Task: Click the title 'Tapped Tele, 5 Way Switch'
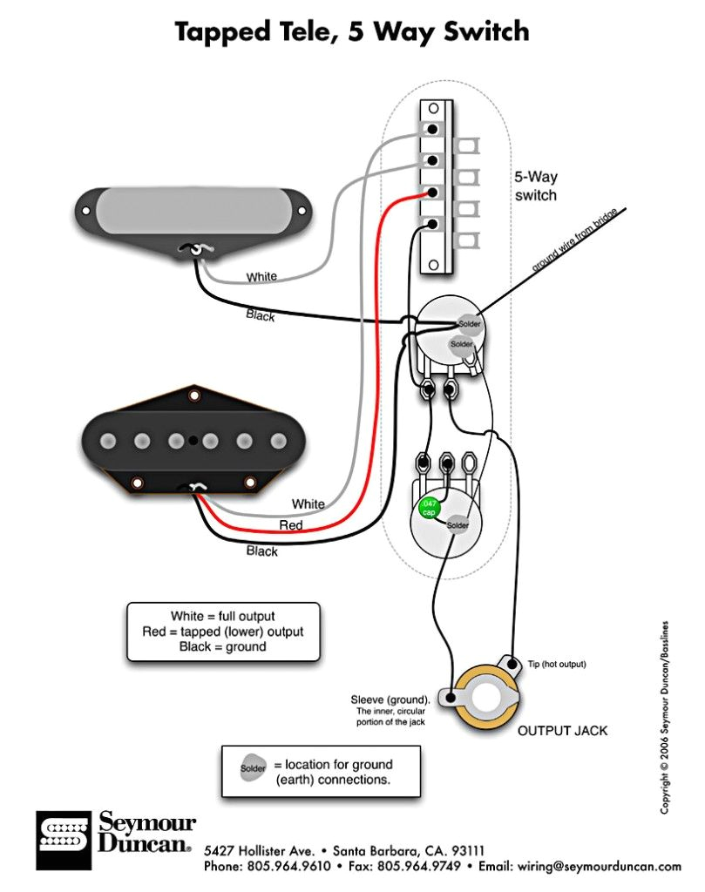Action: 352,31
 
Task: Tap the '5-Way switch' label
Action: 534,186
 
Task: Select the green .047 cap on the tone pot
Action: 429,508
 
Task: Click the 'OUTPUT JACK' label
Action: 562,730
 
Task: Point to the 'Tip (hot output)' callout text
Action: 557,665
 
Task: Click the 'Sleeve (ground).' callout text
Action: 390,699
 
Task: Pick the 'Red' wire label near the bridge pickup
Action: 291,526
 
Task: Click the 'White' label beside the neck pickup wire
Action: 261,277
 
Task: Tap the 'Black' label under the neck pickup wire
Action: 261,315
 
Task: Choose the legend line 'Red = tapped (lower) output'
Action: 223,632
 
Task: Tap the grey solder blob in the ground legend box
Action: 251,770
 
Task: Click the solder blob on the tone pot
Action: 458,525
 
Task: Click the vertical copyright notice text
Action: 665,716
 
